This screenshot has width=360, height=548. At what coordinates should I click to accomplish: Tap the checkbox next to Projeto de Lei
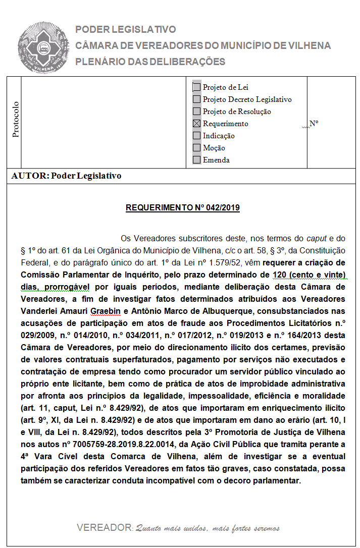196,87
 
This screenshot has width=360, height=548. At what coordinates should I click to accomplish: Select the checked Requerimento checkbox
196,124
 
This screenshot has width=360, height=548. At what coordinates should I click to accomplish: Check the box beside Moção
196,148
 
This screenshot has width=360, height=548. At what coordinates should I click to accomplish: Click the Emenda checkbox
196,160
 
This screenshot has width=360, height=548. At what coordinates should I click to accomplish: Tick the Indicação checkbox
196,136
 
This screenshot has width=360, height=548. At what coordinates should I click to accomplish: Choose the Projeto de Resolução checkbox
196,112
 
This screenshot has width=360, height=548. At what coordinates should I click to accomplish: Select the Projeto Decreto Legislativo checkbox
196,99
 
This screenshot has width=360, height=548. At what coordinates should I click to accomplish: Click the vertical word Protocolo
16,120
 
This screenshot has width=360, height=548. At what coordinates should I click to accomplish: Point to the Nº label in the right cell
314,123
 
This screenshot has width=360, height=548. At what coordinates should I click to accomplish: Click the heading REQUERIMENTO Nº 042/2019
182,207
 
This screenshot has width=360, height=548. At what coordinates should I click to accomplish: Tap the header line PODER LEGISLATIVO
126,30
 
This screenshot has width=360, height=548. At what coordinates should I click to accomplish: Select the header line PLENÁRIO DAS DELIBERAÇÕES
150,62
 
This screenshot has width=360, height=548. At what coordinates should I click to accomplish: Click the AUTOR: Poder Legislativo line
66,176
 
